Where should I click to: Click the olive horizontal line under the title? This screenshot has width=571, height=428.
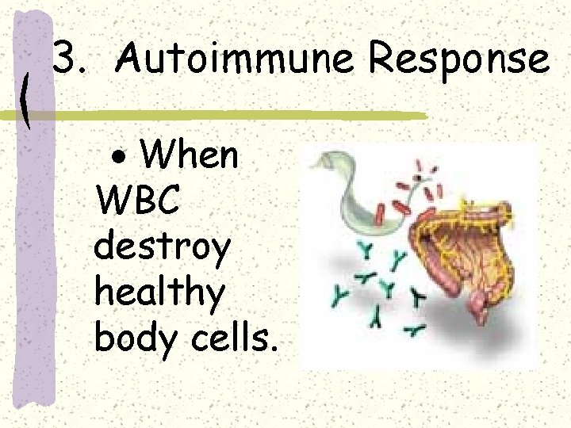pyautogui.click(x=238, y=115)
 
